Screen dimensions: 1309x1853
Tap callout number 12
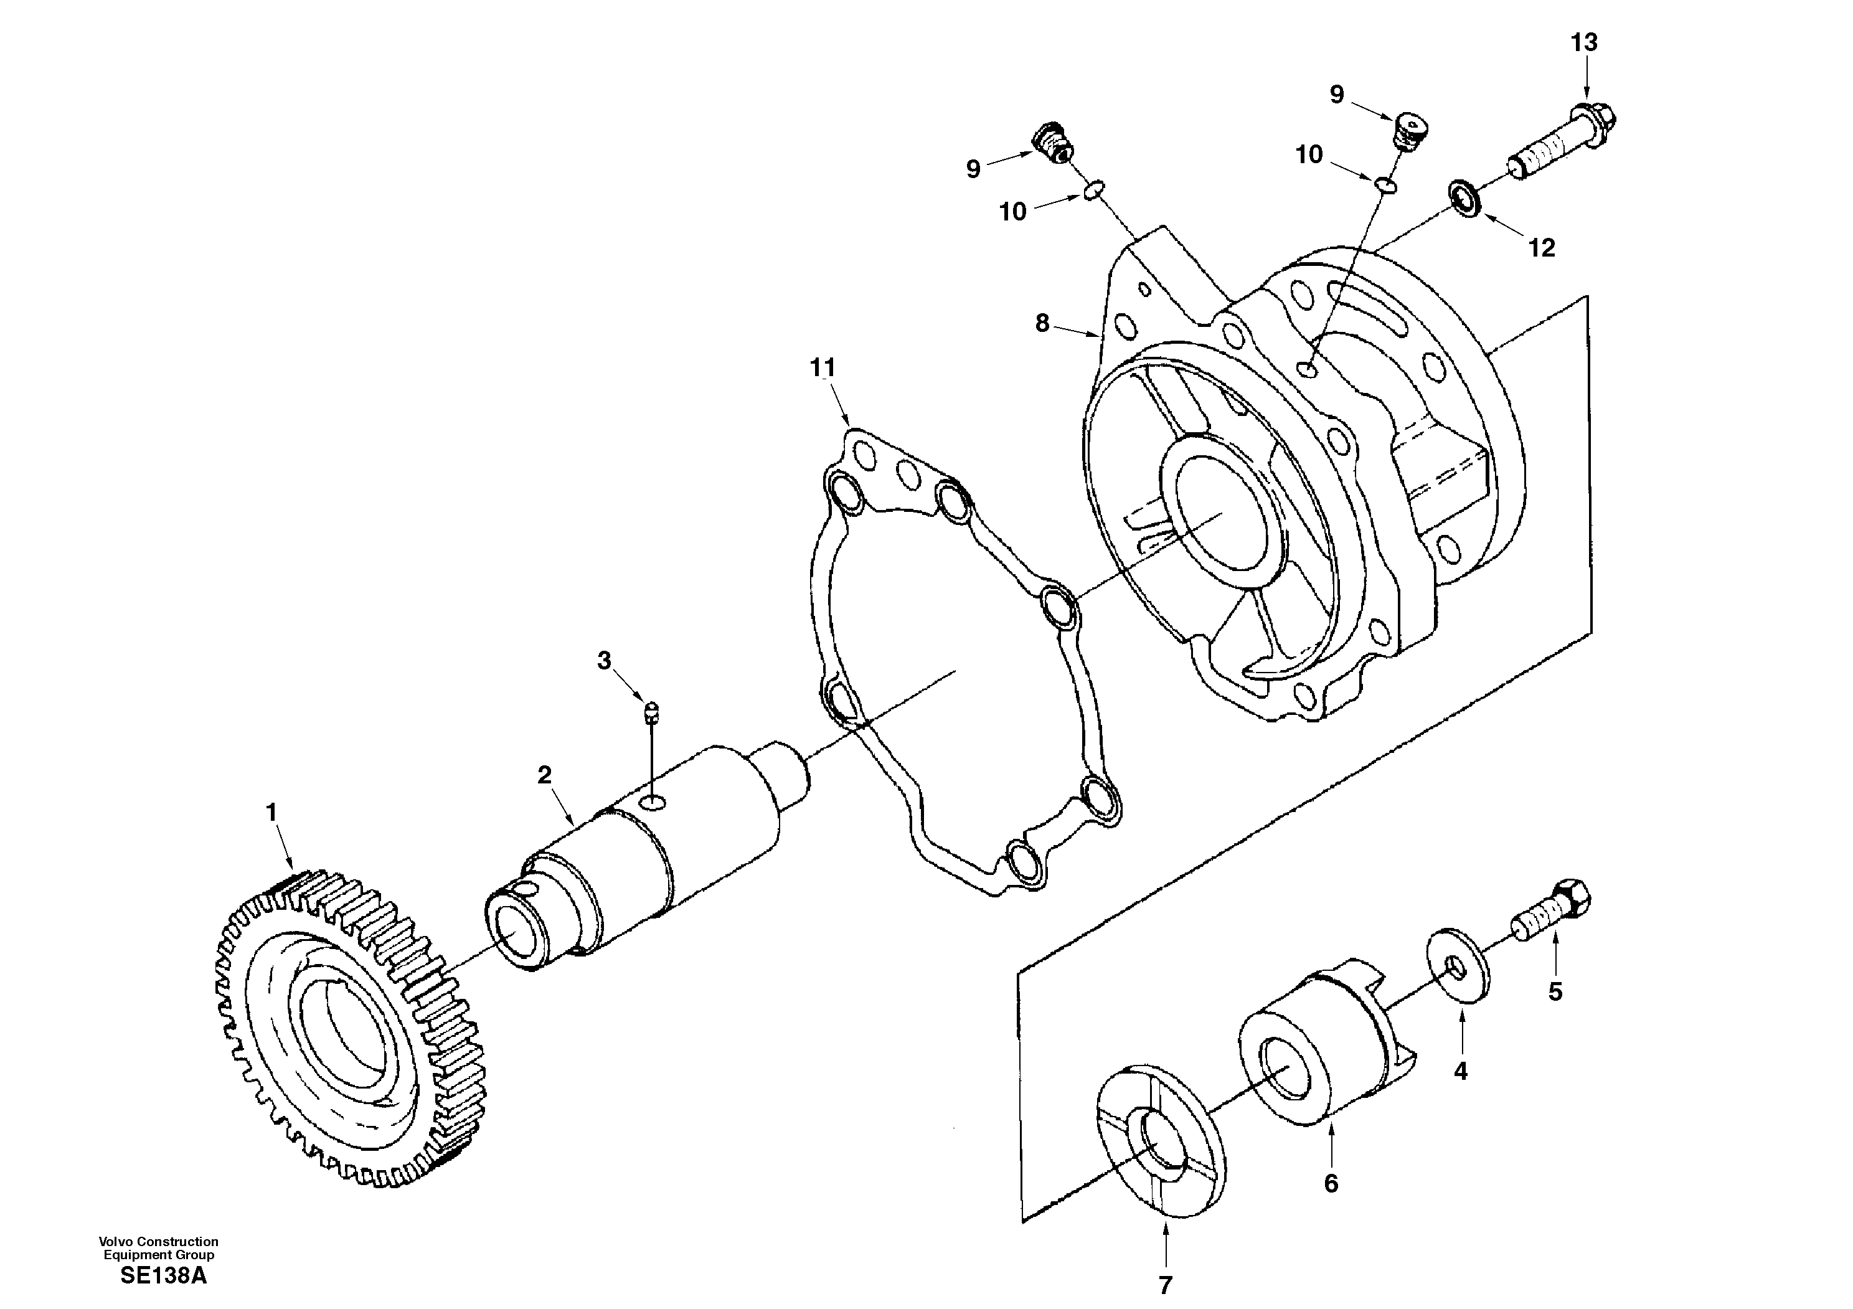tap(1542, 248)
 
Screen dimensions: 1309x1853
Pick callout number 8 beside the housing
tap(1042, 324)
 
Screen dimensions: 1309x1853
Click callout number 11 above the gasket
tap(823, 368)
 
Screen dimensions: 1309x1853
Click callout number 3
tap(604, 661)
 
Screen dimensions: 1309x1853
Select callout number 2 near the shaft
tap(545, 775)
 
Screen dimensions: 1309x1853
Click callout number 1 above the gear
tap(272, 813)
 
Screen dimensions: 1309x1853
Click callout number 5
tap(1555, 992)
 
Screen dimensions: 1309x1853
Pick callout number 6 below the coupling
tap(1331, 1184)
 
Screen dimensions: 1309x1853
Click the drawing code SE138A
tap(163, 1277)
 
